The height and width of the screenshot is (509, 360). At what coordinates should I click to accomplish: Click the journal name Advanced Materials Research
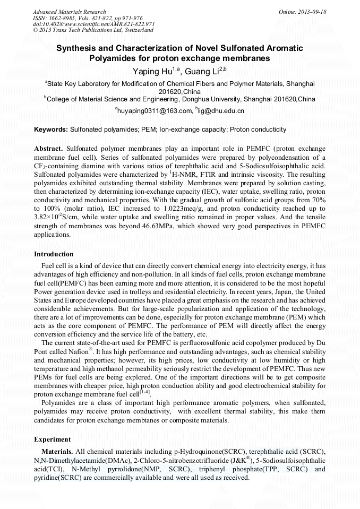69,12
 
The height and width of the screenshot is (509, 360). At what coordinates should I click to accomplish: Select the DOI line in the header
93,24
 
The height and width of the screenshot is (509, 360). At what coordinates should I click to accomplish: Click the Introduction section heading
54,254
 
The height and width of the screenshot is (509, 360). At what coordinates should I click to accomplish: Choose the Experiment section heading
52,439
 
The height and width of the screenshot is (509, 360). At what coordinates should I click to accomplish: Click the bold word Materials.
58,451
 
